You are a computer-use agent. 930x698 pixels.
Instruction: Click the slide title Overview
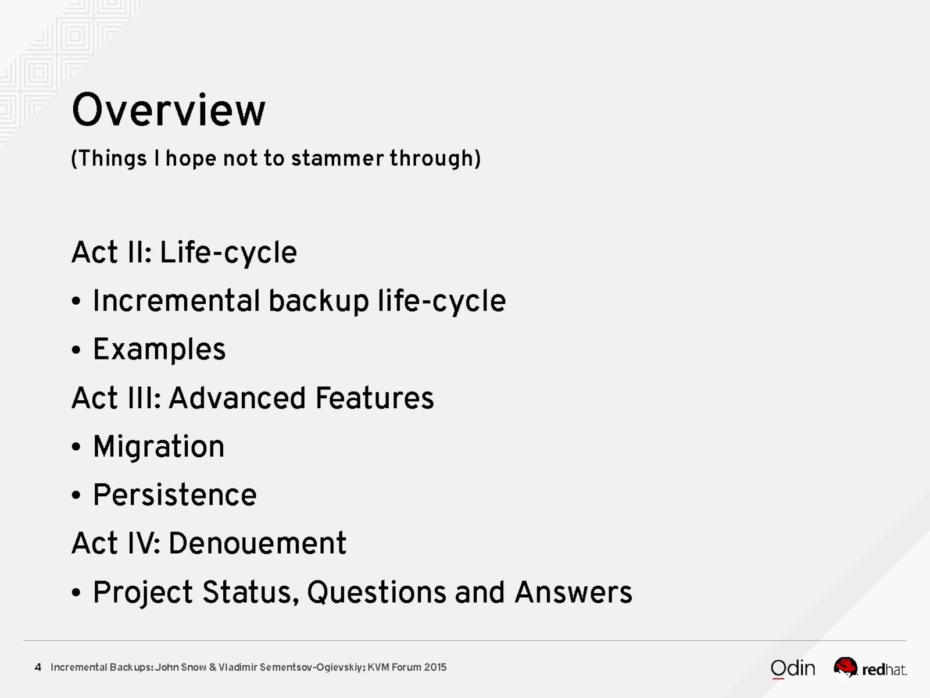coord(169,110)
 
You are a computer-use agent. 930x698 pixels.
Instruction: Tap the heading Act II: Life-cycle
coord(184,253)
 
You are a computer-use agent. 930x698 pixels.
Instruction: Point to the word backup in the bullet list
coord(319,301)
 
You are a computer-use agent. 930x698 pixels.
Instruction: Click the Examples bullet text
coord(159,350)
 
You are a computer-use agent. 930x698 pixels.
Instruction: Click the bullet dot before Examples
coord(76,350)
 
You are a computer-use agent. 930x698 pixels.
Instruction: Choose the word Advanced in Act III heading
coord(237,398)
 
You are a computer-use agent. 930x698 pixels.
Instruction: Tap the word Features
coord(374,398)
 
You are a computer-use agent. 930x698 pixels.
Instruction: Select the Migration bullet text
coord(159,447)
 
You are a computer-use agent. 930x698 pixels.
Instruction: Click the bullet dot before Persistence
coord(76,495)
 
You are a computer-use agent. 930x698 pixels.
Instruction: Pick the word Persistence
coord(175,494)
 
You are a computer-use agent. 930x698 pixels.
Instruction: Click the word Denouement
coord(257,543)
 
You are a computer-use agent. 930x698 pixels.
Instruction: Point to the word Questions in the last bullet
coord(377,592)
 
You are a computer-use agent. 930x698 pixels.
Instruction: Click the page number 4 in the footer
coord(38,667)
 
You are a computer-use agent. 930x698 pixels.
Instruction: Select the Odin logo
coord(793,669)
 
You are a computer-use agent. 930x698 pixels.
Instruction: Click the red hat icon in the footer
coord(845,667)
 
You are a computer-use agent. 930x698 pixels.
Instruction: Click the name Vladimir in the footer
coord(238,667)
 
